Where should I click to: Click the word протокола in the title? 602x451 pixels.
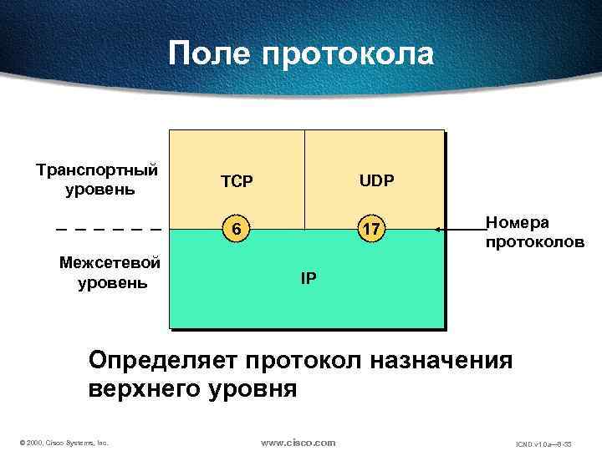point(348,54)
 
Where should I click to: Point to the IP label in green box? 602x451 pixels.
point(308,277)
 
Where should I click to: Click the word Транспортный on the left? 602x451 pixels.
point(97,170)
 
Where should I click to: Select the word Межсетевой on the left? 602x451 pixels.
point(110,263)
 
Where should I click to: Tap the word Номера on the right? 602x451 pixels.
point(518,223)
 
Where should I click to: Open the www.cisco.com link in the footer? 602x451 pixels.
point(298,442)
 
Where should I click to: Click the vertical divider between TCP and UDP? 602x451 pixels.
point(304,180)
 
